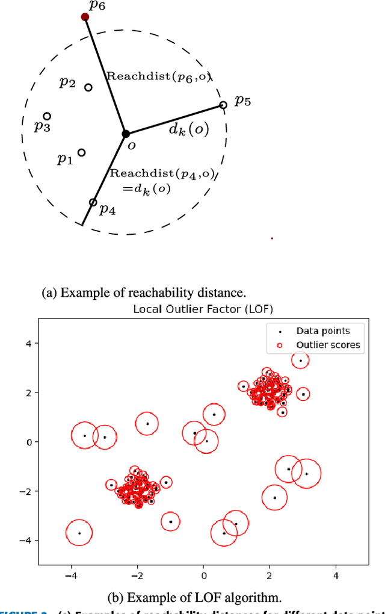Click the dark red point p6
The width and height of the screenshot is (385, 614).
click(x=85, y=17)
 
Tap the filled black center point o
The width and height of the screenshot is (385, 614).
click(x=126, y=134)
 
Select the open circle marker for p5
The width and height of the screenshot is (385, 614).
click(x=223, y=105)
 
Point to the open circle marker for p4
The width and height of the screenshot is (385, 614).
click(x=93, y=202)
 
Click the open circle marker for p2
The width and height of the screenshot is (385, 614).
click(x=88, y=87)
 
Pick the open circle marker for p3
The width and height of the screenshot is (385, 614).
click(x=47, y=116)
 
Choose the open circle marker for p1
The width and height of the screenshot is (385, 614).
click(x=82, y=153)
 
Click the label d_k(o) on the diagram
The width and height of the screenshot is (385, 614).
click(x=189, y=129)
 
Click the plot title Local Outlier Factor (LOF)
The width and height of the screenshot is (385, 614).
click(x=203, y=309)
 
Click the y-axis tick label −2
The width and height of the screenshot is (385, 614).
click(x=25, y=491)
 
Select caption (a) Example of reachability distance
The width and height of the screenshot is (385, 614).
click(x=144, y=293)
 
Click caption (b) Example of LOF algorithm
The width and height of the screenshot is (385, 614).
click(x=195, y=598)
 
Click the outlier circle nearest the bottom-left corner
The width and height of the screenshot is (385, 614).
click(x=79, y=533)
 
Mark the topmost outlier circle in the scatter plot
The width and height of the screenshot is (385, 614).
click(x=300, y=360)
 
